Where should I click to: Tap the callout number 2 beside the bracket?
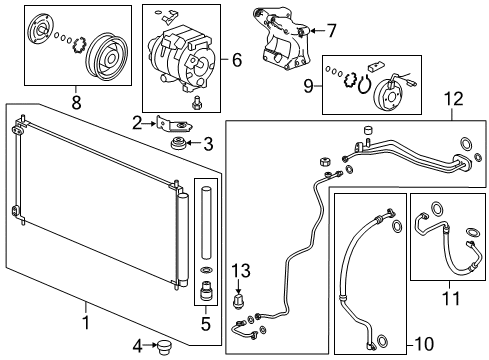pyautogui.click(x=137, y=123)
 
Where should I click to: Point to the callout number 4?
pyautogui.click(x=137, y=346)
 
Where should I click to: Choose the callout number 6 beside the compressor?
pyautogui.click(x=236, y=60)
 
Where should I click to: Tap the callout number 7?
pyautogui.click(x=331, y=29)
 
